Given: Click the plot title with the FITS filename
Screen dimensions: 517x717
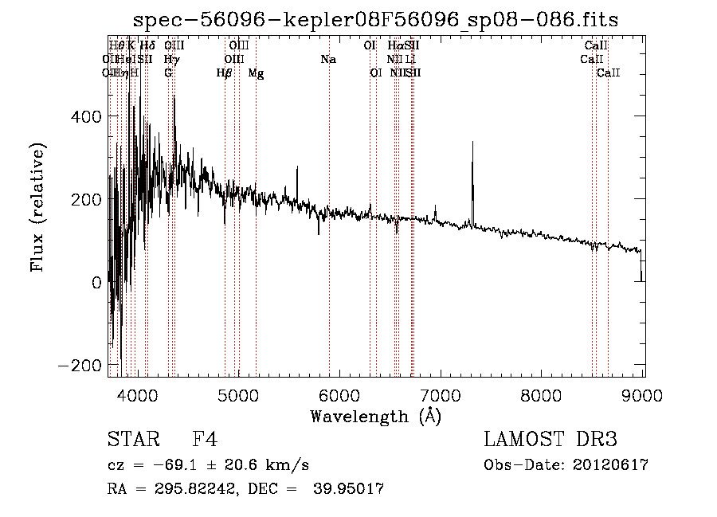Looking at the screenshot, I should click(x=375, y=19).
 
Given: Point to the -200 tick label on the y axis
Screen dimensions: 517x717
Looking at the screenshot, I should click(x=80, y=365).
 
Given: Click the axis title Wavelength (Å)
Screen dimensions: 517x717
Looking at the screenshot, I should click(x=375, y=416).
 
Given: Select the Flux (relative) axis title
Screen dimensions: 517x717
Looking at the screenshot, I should click(x=37, y=207).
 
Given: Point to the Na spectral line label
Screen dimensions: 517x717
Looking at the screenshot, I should click(x=328, y=60).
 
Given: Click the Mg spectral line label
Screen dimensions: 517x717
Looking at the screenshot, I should click(x=257, y=73).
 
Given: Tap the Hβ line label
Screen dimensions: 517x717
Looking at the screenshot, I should click(x=225, y=73).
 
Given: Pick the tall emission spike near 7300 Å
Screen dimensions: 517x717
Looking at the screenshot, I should click(x=472, y=143).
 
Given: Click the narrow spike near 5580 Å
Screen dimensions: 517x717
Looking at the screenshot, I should click(x=297, y=168).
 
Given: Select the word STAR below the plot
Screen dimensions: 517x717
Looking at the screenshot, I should click(x=133, y=440).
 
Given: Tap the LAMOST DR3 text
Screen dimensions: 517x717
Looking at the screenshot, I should click(x=550, y=440).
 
